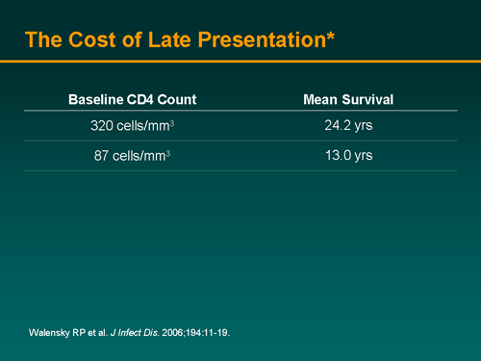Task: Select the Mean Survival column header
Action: pos(348,99)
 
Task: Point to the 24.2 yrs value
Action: pos(348,126)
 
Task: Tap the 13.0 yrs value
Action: pos(348,156)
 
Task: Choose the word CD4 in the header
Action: pos(135,99)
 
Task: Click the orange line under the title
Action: pos(240,61)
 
